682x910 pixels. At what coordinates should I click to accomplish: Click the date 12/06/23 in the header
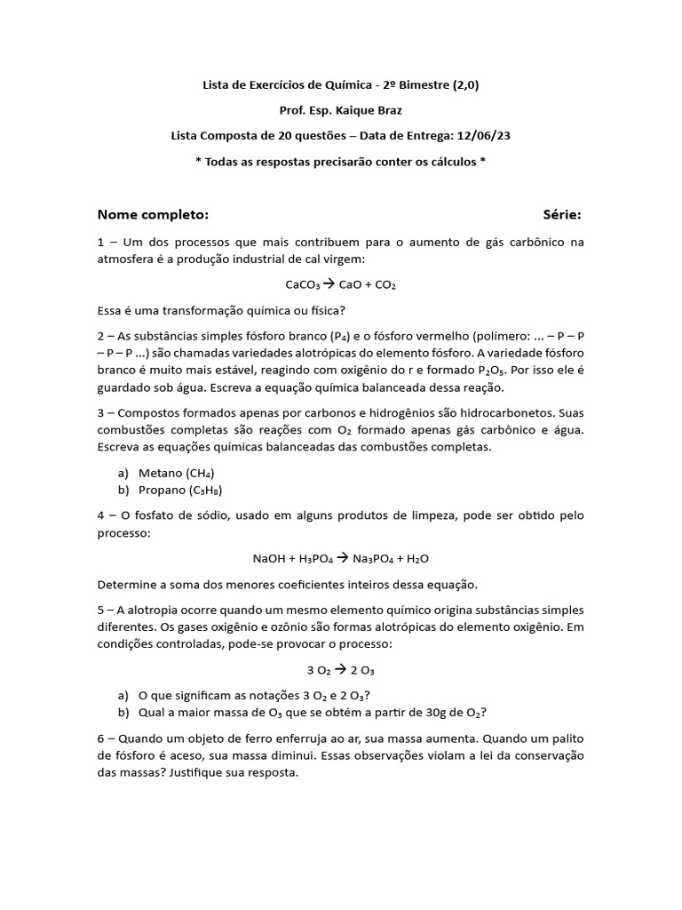point(483,136)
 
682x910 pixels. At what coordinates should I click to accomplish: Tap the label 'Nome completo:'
point(153,215)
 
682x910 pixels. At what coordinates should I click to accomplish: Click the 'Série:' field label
point(562,215)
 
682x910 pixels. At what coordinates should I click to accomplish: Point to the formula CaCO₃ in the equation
point(303,285)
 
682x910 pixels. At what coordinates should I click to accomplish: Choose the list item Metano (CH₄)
point(177,473)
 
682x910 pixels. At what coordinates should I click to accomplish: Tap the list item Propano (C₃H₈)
point(180,490)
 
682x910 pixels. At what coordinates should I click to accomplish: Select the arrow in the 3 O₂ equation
point(341,669)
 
